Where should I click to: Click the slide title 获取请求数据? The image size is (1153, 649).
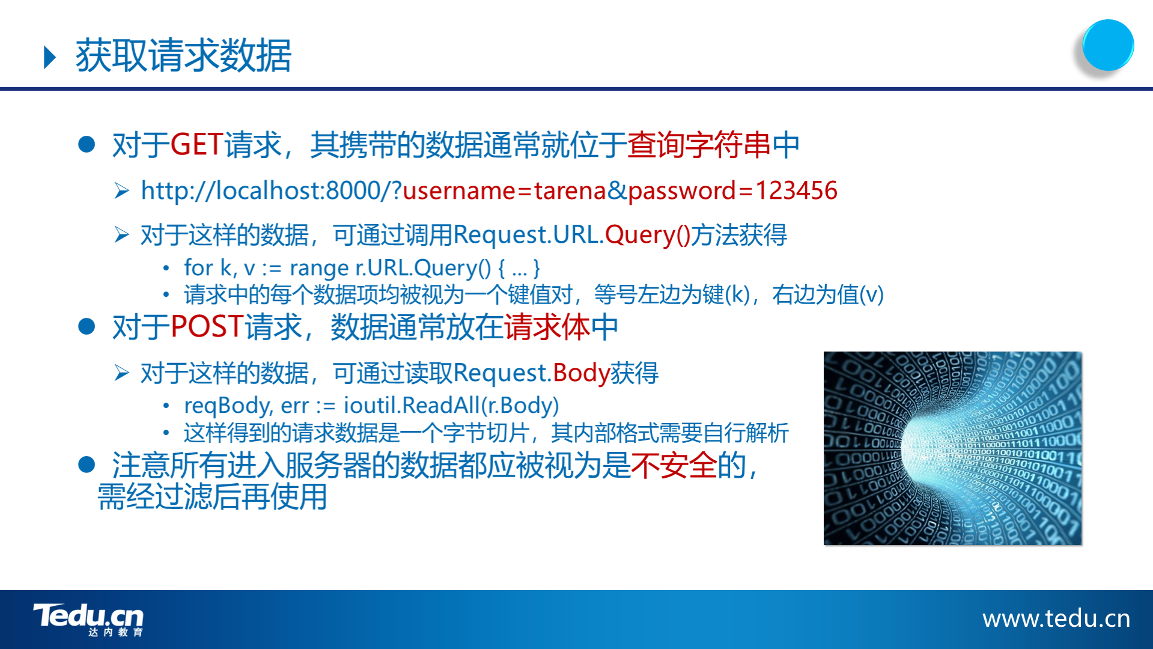(x=183, y=55)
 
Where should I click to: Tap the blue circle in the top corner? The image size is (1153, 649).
(x=1108, y=46)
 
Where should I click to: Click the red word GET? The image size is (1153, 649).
(x=197, y=145)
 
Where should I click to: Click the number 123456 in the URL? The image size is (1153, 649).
(x=796, y=190)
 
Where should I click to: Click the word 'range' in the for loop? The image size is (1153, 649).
(x=319, y=268)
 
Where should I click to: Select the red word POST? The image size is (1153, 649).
(x=207, y=327)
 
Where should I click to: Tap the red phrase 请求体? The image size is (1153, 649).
(x=547, y=327)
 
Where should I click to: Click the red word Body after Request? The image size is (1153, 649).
(x=582, y=373)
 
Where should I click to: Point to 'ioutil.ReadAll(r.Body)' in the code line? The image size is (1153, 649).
(x=451, y=406)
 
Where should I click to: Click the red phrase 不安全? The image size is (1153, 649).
(x=674, y=466)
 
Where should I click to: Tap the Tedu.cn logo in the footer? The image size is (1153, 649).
(x=88, y=620)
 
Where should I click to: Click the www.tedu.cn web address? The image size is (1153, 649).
(x=1056, y=618)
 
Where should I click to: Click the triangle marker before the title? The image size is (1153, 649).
(x=50, y=57)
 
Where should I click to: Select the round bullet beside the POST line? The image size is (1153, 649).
(x=87, y=327)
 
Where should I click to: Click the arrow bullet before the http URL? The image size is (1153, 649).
(x=122, y=191)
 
